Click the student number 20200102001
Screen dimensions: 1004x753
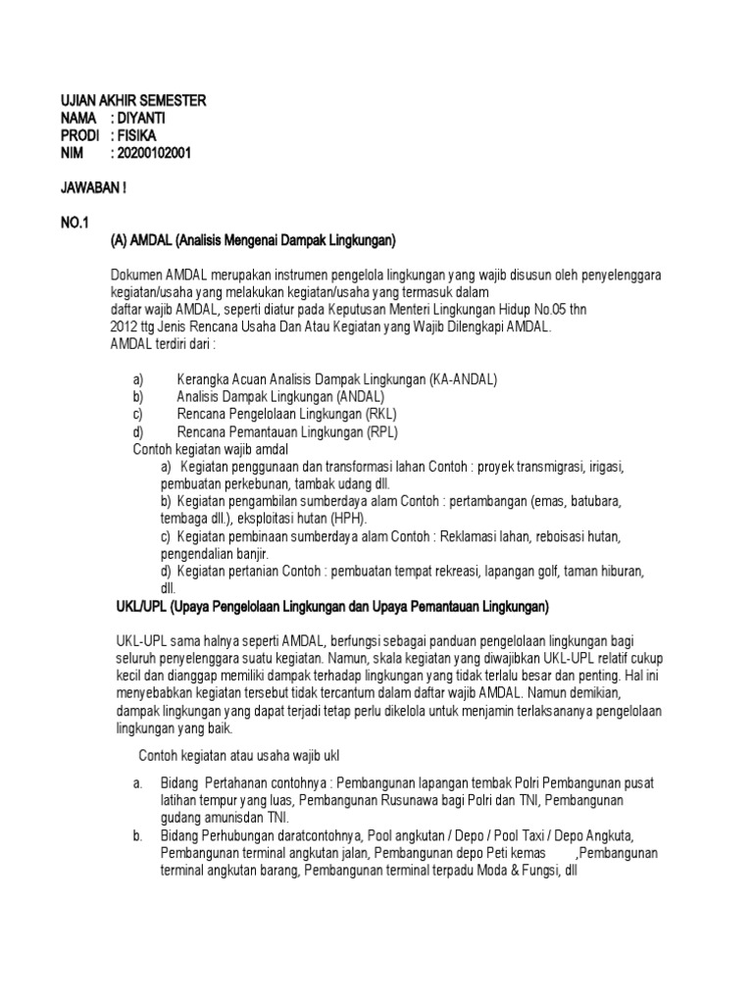(158, 152)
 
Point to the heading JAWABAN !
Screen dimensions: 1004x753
(94, 186)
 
